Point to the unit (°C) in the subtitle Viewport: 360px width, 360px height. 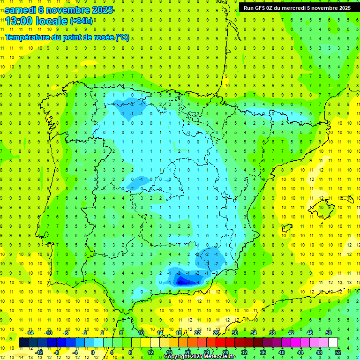(x=122, y=37)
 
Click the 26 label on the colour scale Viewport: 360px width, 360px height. (x=216, y=333)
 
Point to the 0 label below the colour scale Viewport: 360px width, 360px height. (x=92, y=352)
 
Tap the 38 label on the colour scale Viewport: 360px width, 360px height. (x=272, y=333)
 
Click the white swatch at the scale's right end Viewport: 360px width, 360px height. (x=333, y=343)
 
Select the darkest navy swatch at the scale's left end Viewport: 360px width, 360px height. (x=23, y=343)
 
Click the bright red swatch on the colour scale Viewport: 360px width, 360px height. (x=221, y=343)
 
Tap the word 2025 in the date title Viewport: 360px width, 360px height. (x=99, y=10)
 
